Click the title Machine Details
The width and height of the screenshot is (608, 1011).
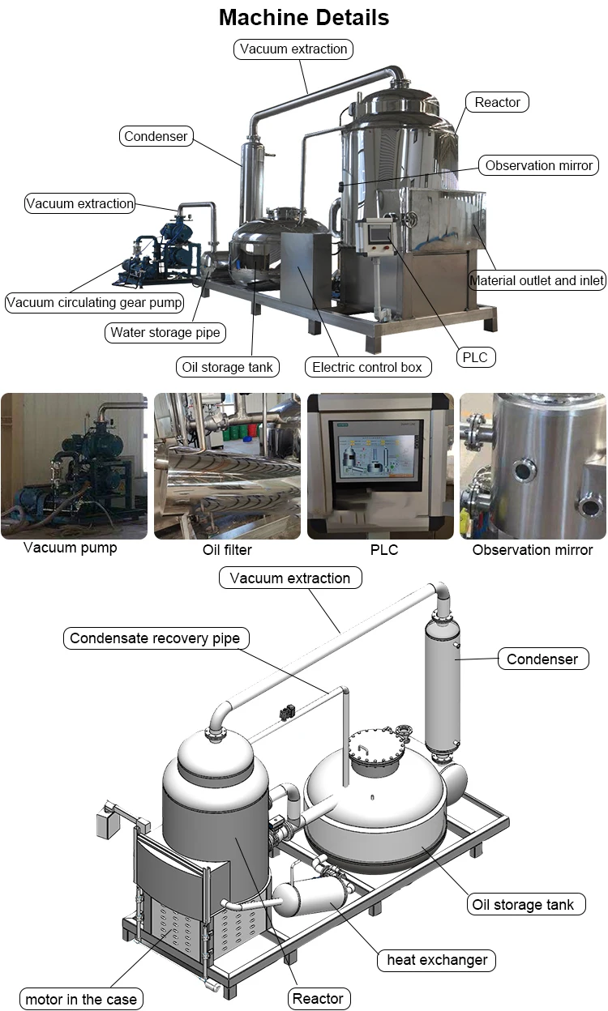(x=304, y=17)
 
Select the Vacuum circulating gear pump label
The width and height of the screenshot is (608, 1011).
(x=94, y=303)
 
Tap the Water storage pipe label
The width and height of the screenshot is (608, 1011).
(x=165, y=332)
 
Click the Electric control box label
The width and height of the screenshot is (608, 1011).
(x=367, y=367)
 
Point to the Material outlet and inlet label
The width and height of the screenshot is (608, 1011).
(x=537, y=280)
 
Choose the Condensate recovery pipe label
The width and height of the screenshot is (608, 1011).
(x=155, y=638)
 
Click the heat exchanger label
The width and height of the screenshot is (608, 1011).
(x=437, y=961)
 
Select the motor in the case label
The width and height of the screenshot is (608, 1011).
(x=81, y=1000)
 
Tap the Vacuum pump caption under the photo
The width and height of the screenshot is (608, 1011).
(x=71, y=548)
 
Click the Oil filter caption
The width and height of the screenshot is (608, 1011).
(x=227, y=550)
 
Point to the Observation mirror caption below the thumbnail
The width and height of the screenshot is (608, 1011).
(x=533, y=550)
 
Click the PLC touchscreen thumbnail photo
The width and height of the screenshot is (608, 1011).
(x=380, y=466)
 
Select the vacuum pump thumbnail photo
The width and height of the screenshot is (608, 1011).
(x=74, y=466)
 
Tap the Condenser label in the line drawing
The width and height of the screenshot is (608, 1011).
(x=542, y=659)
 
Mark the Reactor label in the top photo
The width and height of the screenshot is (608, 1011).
(x=498, y=102)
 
